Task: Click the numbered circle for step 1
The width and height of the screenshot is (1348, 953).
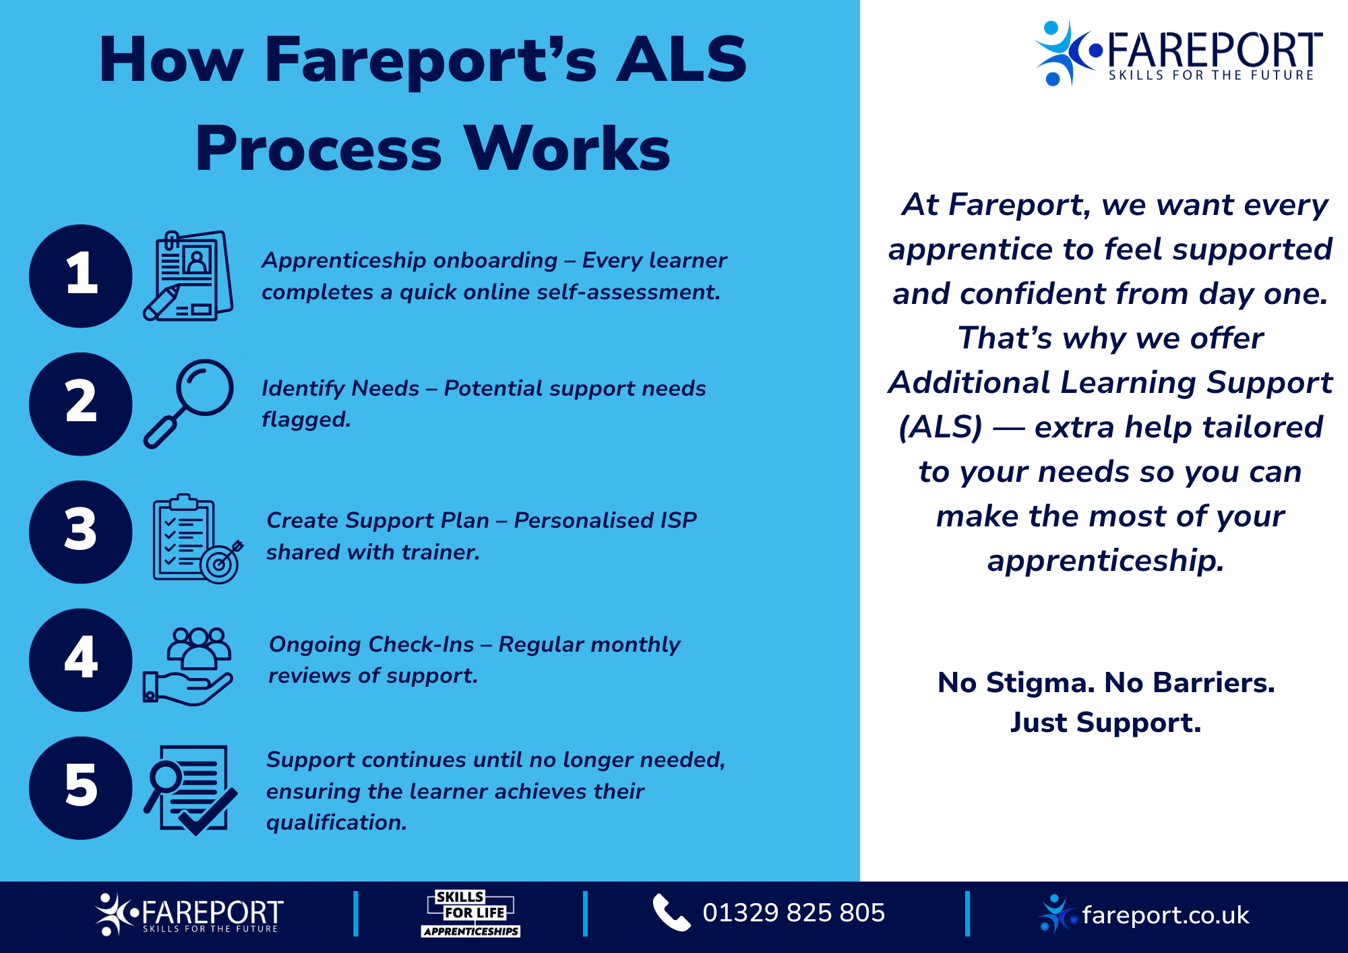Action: (81, 276)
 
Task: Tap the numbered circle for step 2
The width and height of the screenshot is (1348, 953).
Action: (81, 404)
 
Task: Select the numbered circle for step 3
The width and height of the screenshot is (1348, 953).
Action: (81, 532)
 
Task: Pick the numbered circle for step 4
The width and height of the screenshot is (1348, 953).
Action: (81, 660)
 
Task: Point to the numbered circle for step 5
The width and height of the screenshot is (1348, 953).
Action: (81, 788)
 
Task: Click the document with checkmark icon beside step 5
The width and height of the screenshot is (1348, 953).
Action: (191, 789)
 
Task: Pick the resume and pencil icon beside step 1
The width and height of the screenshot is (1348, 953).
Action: (189, 276)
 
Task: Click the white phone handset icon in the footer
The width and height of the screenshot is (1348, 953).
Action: (671, 913)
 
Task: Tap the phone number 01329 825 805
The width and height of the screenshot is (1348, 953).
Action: (793, 913)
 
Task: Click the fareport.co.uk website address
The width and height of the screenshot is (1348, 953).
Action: (1165, 915)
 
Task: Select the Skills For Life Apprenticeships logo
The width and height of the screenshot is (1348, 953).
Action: (471, 914)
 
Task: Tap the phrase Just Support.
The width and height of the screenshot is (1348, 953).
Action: (1105, 723)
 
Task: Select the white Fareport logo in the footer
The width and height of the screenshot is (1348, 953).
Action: (190, 915)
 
